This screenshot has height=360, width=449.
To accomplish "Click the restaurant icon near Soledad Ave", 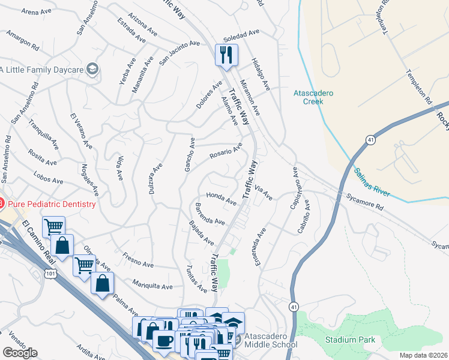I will [226, 56].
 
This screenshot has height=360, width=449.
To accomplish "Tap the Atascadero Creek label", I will [316, 97].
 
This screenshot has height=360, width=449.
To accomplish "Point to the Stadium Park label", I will [350, 340].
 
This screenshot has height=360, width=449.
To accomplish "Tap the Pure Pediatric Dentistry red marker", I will [1, 204].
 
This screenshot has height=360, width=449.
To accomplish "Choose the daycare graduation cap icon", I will [92, 70].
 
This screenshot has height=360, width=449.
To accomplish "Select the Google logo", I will [20, 353].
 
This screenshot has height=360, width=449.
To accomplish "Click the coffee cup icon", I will [163, 340].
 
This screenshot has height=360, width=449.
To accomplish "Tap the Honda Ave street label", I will [221, 199].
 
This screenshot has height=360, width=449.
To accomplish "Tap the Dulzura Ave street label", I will [157, 175].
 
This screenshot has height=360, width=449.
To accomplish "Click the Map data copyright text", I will [423, 355].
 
